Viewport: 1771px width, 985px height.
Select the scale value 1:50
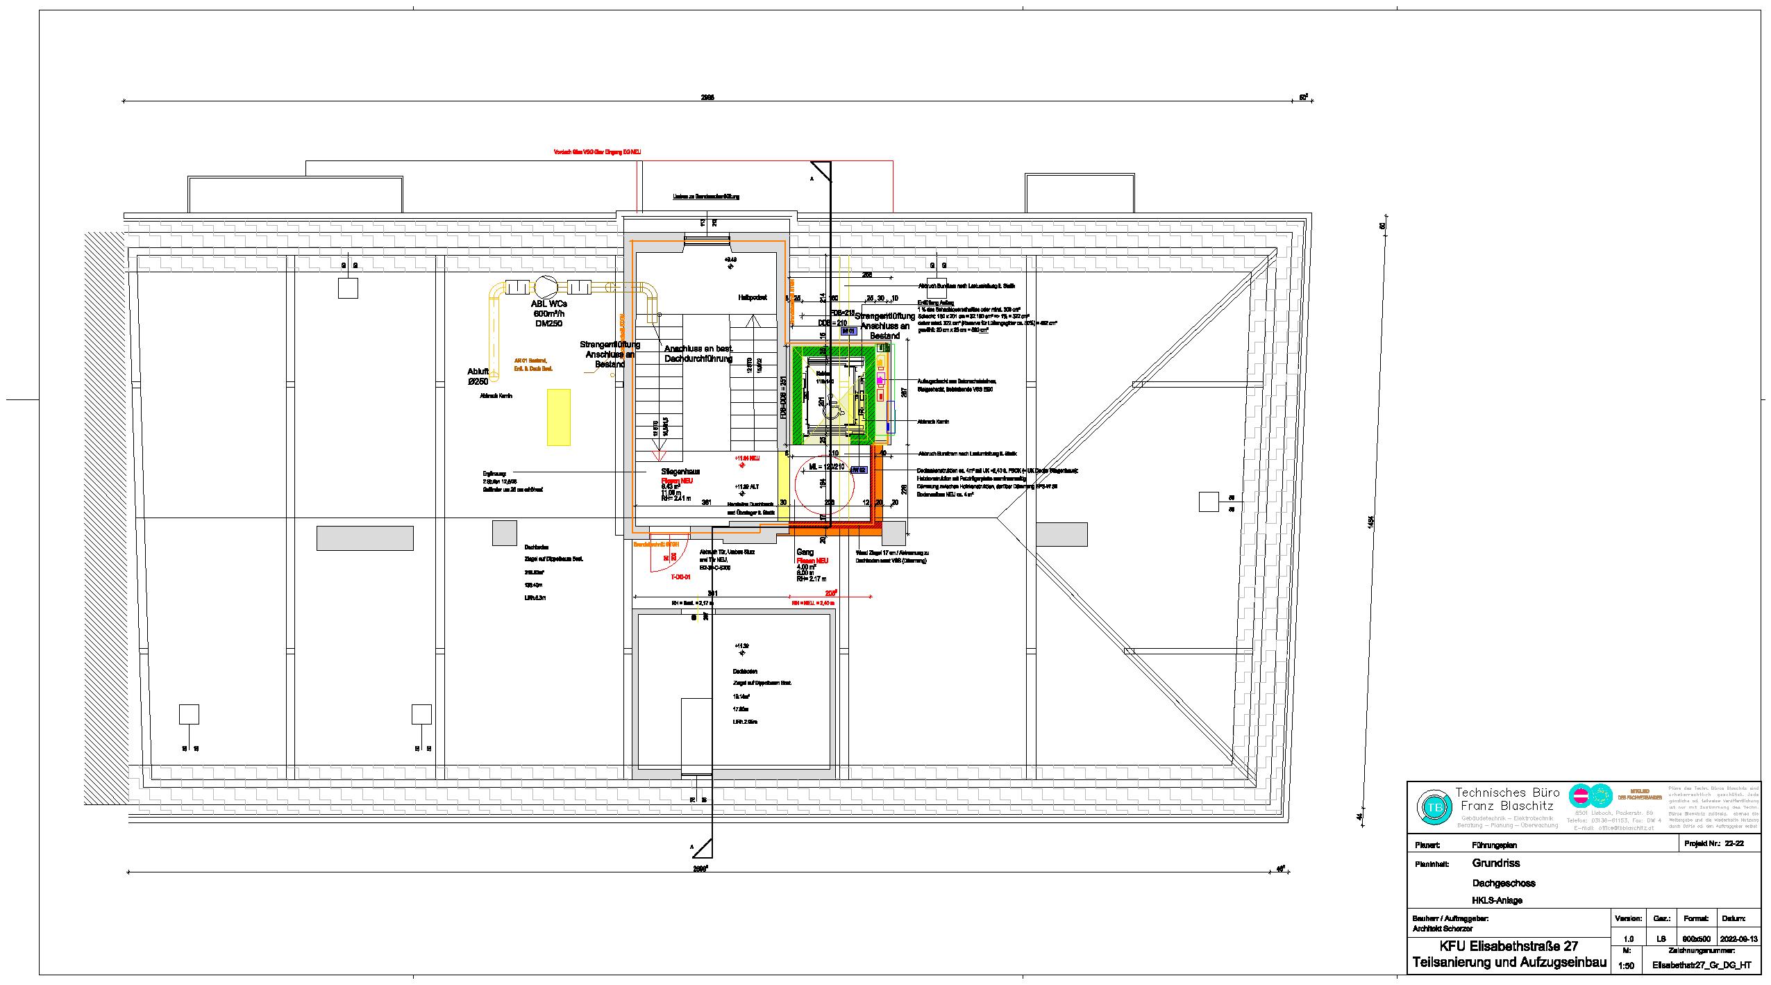1625,965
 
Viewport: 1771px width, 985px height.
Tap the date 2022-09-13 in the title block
1738,938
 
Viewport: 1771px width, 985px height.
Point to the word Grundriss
1495,863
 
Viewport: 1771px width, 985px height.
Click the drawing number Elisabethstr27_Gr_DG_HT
1702,966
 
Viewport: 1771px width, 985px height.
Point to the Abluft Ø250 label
478,376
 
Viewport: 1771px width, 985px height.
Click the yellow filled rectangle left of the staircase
559,417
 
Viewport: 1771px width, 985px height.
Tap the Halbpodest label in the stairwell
752,297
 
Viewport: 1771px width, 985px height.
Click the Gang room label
805,552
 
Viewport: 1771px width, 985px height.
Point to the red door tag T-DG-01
680,577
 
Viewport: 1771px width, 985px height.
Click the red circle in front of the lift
823,486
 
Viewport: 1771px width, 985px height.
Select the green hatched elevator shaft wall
798,396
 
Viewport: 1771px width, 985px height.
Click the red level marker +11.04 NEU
747,458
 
